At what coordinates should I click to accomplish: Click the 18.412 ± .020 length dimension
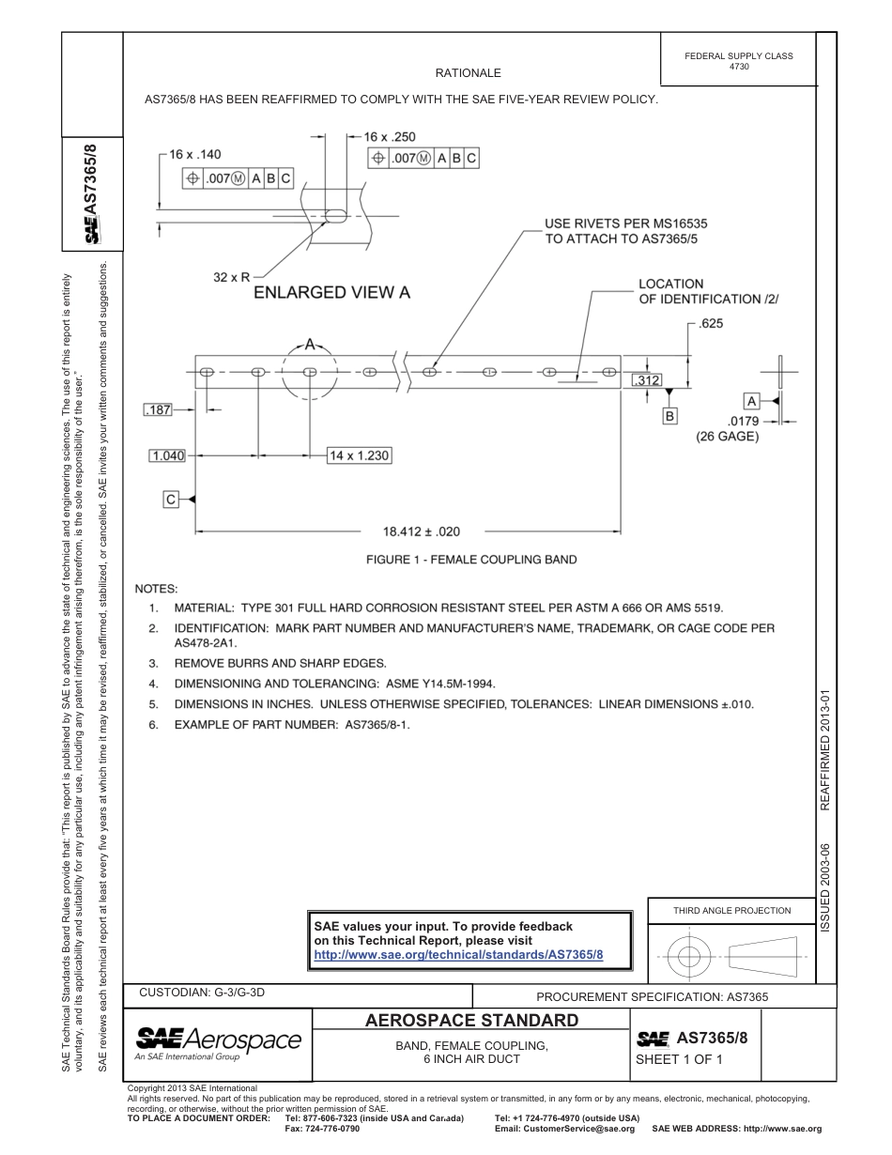tap(422, 531)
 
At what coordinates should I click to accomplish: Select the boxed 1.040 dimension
tap(167, 455)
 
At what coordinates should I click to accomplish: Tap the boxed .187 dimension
tap(159, 409)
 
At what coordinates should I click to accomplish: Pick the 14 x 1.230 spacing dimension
tap(358, 455)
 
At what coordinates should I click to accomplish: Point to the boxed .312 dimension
tap(646, 380)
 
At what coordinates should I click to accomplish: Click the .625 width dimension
tap(710, 324)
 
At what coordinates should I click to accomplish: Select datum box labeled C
tap(171, 500)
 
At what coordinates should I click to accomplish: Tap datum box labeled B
tap(669, 414)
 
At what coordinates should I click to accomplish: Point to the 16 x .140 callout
tap(195, 154)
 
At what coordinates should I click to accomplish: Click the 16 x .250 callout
tap(390, 137)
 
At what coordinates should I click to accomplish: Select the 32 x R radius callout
tap(231, 277)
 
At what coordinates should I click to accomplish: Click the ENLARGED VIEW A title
tap(332, 292)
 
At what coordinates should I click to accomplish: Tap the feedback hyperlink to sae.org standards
tap(458, 954)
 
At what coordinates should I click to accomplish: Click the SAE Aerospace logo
tap(218, 1040)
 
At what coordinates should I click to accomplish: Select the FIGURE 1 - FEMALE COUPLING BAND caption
tap(470, 560)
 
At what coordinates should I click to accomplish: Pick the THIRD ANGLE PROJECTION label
tap(731, 910)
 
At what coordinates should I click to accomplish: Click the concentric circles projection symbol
tap(689, 957)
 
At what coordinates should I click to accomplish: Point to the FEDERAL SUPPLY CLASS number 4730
tap(738, 67)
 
